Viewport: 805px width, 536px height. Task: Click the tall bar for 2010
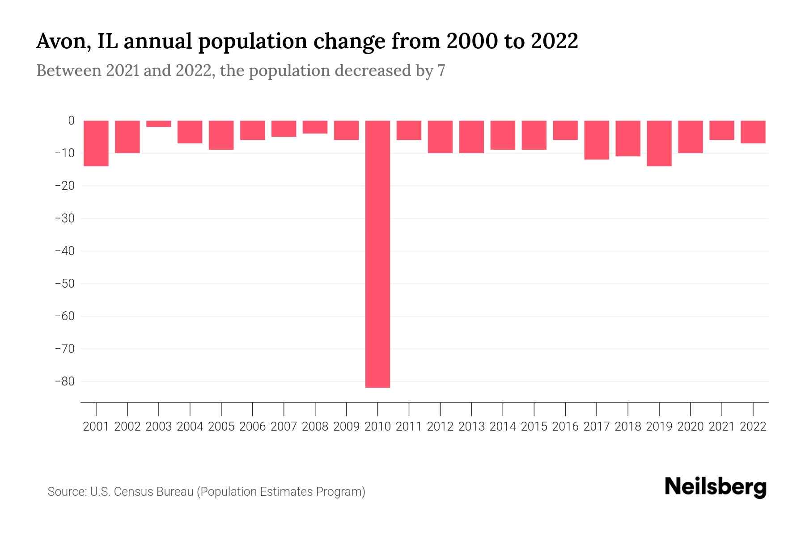pyautogui.click(x=377, y=254)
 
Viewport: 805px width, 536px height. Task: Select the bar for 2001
pyautogui.click(x=96, y=143)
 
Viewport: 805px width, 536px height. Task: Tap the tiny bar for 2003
pyautogui.click(x=159, y=124)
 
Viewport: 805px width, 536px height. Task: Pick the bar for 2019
pyautogui.click(x=659, y=143)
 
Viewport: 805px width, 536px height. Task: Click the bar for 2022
pyautogui.click(x=753, y=132)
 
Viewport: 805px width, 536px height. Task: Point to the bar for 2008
pyautogui.click(x=315, y=127)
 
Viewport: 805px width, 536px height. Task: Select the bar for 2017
pyautogui.click(x=597, y=140)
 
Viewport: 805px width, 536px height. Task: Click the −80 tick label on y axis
pyautogui.click(x=64, y=381)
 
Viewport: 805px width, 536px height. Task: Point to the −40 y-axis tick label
pyautogui.click(x=64, y=251)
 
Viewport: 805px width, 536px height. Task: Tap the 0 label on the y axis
pyautogui.click(x=71, y=121)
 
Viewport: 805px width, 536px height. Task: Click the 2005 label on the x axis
pyautogui.click(x=221, y=427)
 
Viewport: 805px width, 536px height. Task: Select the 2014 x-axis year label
pyautogui.click(x=503, y=427)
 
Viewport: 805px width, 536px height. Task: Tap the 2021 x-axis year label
pyautogui.click(x=722, y=427)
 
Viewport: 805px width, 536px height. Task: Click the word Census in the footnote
pyautogui.click(x=132, y=492)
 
